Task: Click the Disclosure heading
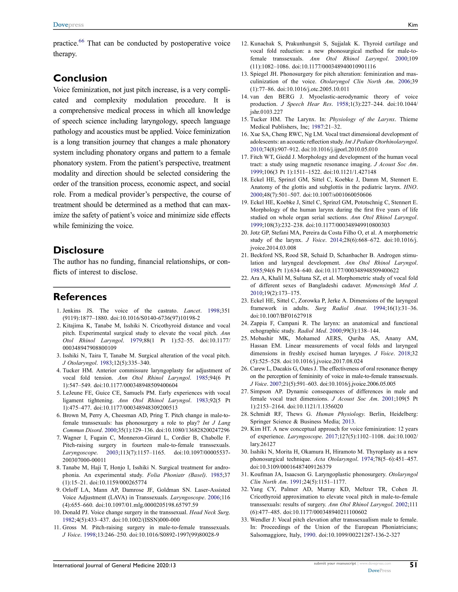[x=78, y=250]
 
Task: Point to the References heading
[x=80, y=297]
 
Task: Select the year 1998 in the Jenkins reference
[x=214, y=311]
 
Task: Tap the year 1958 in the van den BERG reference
[x=342, y=104]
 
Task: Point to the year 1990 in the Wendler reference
[x=309, y=535]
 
